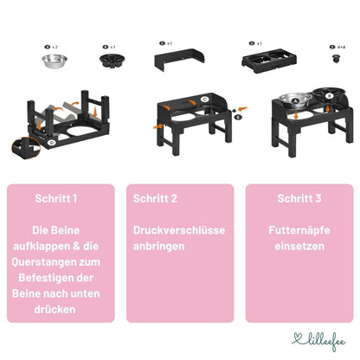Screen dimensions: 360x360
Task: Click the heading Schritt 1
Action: [56, 198]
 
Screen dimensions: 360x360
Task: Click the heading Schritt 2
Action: [156, 198]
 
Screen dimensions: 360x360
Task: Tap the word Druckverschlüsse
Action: [179, 231]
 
